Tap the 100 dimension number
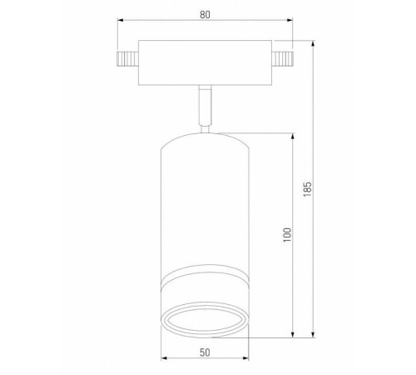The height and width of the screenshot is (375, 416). tap(285, 234)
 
